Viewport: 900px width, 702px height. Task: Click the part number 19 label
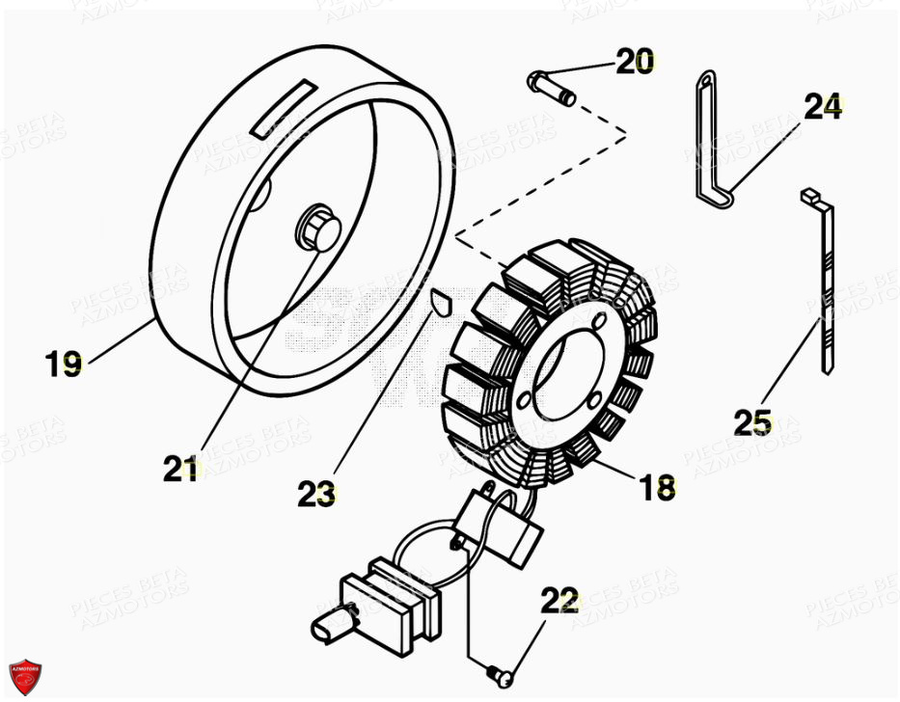[64, 364]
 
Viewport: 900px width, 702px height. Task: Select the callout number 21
[181, 469]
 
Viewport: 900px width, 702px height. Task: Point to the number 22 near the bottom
[559, 602]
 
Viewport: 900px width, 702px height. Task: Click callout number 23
[316, 495]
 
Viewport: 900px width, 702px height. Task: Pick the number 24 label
[822, 107]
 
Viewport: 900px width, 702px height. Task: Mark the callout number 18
[657, 488]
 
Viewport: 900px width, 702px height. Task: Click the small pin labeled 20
[552, 88]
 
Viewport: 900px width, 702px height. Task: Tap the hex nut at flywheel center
[318, 228]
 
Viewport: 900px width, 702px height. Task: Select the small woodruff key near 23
[439, 303]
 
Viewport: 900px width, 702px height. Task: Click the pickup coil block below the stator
[502, 526]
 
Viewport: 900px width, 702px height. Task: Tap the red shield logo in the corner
[25, 677]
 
